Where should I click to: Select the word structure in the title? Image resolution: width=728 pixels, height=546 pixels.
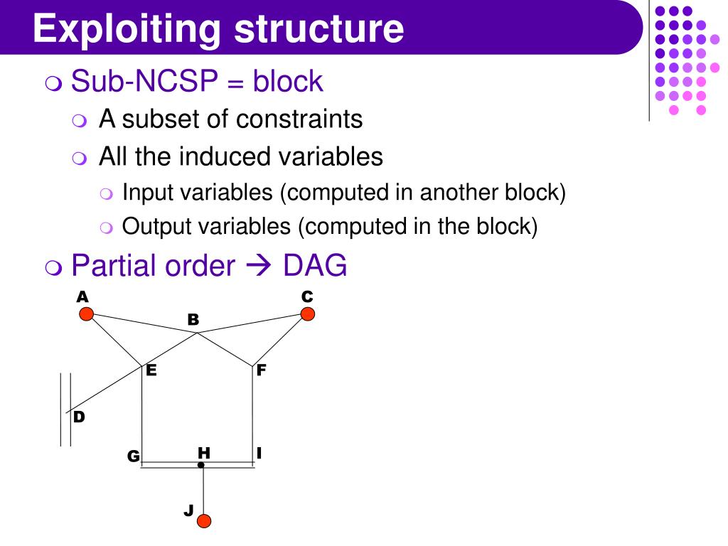click(320, 29)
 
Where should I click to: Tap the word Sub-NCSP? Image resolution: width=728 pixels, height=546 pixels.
click(144, 82)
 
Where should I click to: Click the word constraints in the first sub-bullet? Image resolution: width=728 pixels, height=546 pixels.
click(299, 119)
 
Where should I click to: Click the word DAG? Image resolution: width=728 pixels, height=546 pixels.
click(315, 266)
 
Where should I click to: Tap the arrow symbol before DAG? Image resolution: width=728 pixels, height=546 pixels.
click(258, 266)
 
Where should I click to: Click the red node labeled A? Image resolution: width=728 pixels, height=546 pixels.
click(85, 314)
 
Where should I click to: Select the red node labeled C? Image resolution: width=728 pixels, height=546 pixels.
click(307, 314)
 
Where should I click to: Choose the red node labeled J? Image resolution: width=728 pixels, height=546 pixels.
click(204, 521)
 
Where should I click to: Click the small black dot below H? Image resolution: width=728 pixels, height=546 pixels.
click(200, 465)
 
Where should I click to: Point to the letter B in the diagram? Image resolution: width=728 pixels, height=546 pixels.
click(193, 321)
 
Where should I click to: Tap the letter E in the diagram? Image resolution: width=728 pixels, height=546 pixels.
click(151, 370)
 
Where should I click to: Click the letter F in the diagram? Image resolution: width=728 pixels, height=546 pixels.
click(262, 370)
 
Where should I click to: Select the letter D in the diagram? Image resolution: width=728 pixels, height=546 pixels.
click(79, 417)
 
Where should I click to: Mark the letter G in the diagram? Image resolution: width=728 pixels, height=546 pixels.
click(134, 456)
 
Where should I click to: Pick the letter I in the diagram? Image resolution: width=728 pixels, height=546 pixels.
click(259, 453)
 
